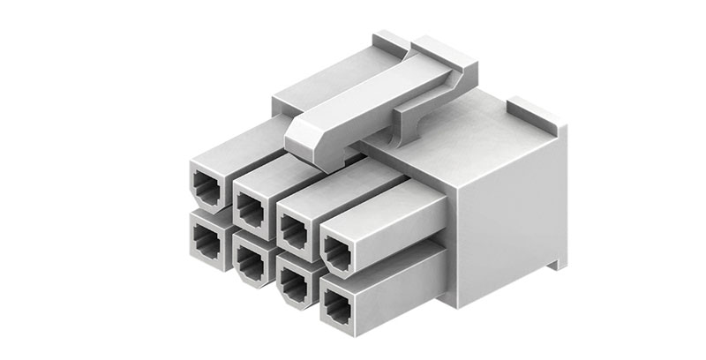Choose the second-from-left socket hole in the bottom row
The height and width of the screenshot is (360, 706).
248,257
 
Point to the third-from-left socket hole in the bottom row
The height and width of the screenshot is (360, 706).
290,280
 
